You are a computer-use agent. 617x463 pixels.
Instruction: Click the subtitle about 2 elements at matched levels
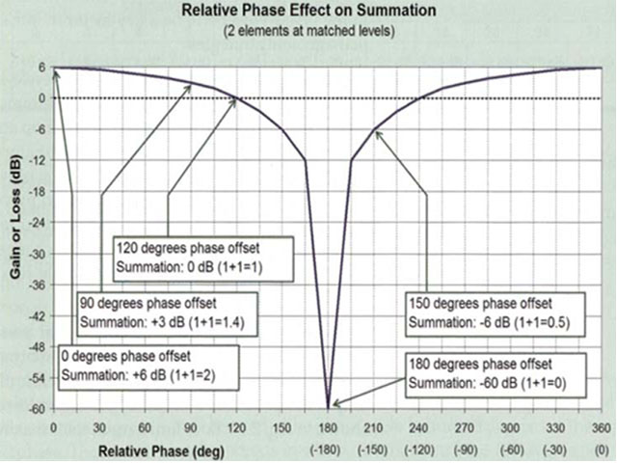[308, 30]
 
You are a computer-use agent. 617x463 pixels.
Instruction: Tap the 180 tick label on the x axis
[329, 427]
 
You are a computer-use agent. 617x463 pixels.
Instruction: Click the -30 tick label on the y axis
[36, 254]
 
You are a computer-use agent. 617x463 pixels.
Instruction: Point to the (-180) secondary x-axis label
[329, 450]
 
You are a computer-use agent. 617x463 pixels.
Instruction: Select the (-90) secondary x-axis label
[466, 450]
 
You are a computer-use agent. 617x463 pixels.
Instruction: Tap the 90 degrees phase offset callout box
[158, 311]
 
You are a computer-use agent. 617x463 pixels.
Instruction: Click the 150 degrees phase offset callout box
[484, 311]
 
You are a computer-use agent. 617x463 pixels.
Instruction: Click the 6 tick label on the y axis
[41, 68]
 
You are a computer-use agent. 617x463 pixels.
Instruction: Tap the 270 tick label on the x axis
[466, 427]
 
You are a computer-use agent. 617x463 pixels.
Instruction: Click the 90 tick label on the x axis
[191, 427]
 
